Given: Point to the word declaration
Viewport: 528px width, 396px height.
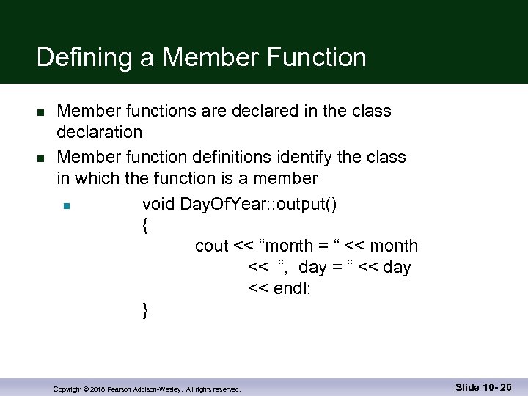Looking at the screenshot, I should (100, 133).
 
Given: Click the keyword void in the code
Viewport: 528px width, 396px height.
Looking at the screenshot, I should (158, 204).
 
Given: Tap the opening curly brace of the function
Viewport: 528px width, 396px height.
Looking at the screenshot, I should (145, 226).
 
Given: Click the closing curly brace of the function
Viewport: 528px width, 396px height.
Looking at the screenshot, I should (145, 311).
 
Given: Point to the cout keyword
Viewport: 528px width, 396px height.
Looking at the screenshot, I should (212, 246).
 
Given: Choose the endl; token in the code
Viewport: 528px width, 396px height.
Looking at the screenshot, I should (292, 289).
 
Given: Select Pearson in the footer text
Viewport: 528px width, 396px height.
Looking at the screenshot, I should (120, 389).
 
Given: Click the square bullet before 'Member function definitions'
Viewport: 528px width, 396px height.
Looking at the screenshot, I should (40, 158).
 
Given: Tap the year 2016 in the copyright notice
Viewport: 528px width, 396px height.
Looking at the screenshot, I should (98, 389).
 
